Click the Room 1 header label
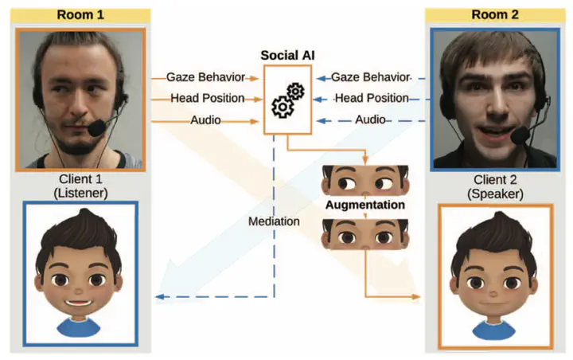click(x=80, y=14)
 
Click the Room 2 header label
click(x=489, y=14)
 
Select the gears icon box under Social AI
click(x=287, y=100)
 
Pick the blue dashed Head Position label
click(x=371, y=99)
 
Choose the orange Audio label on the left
click(x=205, y=120)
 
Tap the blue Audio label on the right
click(x=370, y=120)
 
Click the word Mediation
click(x=273, y=221)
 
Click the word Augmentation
click(x=364, y=205)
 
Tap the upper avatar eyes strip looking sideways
click(x=364, y=182)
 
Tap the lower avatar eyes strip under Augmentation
click(x=364, y=232)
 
